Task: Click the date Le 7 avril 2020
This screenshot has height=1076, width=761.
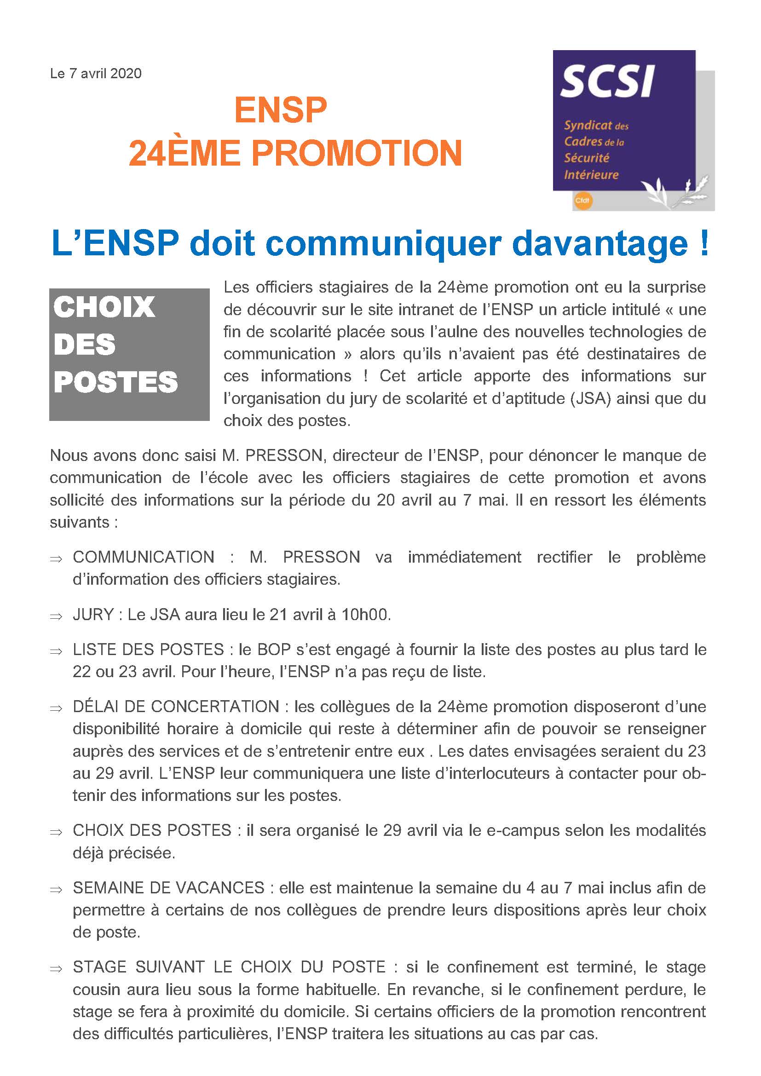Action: pos(96,74)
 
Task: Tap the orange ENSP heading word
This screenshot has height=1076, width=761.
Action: pos(280,110)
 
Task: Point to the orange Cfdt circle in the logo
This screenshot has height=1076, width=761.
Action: pos(583,201)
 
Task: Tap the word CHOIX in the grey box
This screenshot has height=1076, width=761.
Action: pos(104,307)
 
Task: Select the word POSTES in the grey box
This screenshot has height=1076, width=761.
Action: pos(116,382)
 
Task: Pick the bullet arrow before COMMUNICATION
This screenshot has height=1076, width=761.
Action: pos(56,558)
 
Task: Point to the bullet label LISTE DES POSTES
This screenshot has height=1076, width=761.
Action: pos(148,650)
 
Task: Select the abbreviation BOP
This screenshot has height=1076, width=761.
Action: pos(274,650)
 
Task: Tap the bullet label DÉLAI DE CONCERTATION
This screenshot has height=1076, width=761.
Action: pos(176,707)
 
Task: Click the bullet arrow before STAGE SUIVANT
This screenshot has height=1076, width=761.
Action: pos(56,969)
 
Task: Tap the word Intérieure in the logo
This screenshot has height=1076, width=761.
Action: pos(591,175)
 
